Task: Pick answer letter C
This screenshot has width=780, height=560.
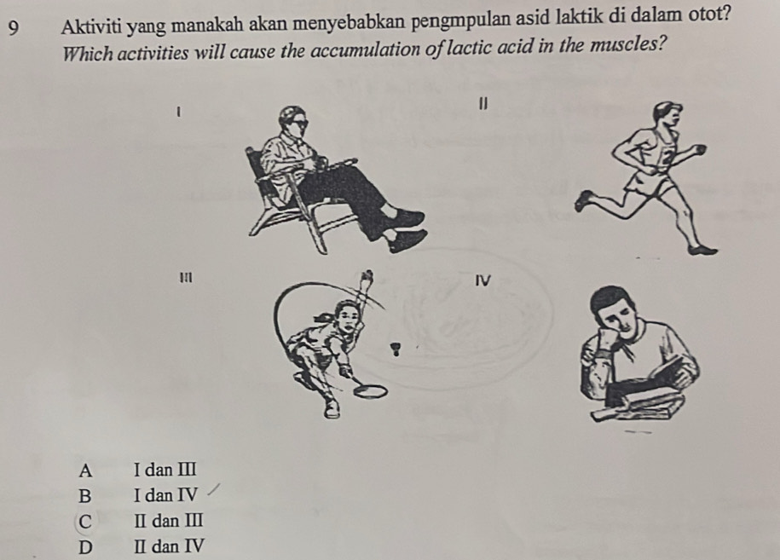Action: coord(84,521)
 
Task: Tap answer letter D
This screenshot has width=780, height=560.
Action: coord(84,546)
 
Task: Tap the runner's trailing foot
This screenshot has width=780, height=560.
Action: coord(583,201)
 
